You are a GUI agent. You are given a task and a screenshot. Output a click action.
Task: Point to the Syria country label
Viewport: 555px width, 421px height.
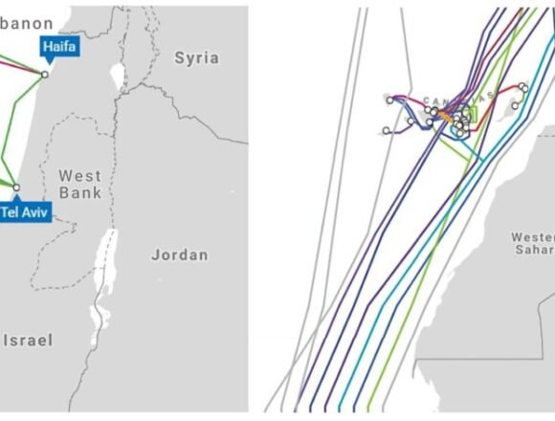(x=196, y=58)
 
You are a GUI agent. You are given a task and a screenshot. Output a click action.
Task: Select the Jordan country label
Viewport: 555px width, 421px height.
(x=179, y=255)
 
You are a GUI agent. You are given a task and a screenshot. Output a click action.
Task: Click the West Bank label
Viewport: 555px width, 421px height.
(x=79, y=184)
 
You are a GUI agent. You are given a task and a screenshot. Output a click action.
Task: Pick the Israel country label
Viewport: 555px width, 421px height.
(x=29, y=340)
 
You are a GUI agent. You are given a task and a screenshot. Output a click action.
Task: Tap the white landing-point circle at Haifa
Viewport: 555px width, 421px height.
(x=44, y=74)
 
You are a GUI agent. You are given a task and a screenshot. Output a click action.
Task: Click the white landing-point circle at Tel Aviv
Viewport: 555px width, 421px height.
(x=16, y=187)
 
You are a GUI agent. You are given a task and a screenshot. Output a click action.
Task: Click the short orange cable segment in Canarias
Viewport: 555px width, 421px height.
(x=445, y=112)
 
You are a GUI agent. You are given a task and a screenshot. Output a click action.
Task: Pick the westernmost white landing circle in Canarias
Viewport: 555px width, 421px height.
(x=389, y=100)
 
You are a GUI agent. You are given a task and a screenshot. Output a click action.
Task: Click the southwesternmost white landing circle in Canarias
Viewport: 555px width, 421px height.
(x=386, y=130)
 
